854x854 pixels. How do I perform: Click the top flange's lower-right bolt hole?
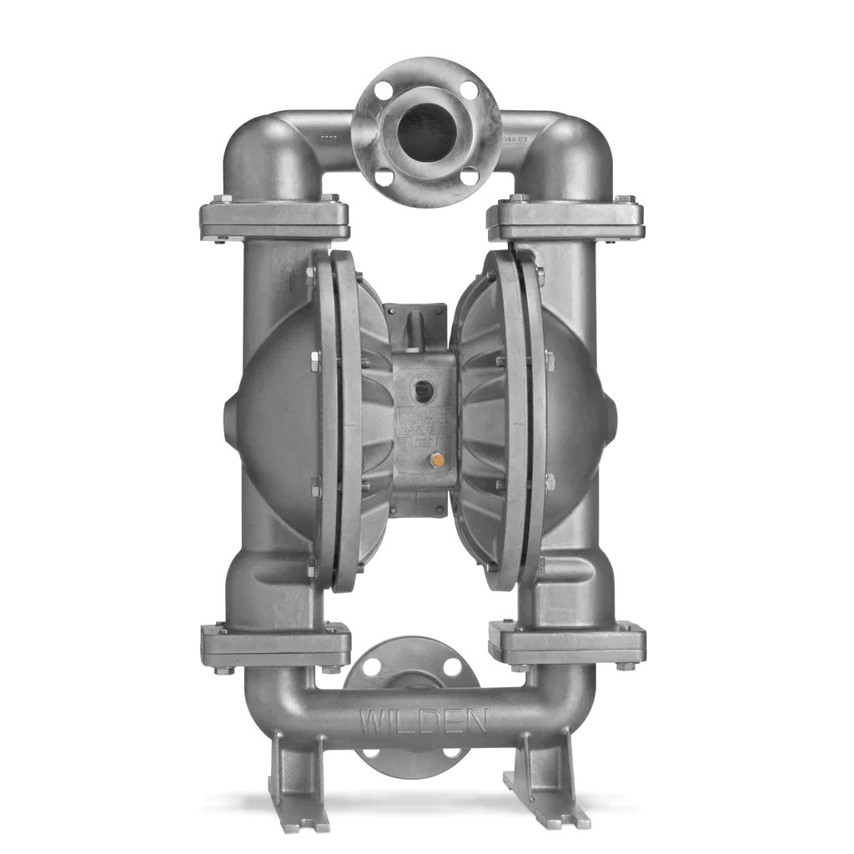click(470, 175)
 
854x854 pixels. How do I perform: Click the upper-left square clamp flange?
click(274, 219)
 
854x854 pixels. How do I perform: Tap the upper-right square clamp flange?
click(565, 219)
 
